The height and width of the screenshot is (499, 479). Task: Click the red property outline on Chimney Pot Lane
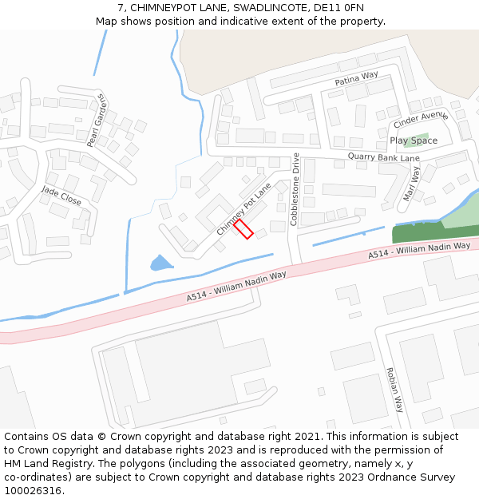click(243, 229)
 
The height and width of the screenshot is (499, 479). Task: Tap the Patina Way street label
click(356, 78)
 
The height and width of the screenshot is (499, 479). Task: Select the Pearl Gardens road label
click(97, 121)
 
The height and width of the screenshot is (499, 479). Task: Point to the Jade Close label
click(61, 196)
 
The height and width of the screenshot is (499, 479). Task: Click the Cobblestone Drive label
click(295, 188)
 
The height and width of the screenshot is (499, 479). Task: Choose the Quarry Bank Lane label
click(383, 157)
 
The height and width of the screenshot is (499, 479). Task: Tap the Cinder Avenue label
click(421, 121)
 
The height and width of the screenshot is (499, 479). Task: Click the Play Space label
click(414, 141)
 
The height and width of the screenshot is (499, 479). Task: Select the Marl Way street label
click(412, 184)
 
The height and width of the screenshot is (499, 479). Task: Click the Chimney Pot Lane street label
click(244, 208)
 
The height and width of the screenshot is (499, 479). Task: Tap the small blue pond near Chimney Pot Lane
click(160, 263)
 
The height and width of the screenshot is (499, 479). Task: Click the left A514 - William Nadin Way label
click(236, 286)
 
